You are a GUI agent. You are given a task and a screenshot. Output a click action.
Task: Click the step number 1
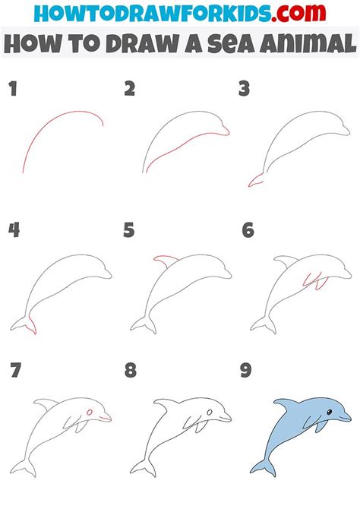(x=13, y=89)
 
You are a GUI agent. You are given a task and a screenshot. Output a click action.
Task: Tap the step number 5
(x=129, y=230)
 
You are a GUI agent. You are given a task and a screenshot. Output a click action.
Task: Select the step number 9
(x=246, y=370)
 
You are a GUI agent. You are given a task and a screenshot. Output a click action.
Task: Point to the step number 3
(x=244, y=89)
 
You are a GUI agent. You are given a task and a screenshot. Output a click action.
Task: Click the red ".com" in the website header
(x=298, y=13)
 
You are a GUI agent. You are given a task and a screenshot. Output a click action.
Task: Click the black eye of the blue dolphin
(x=329, y=413)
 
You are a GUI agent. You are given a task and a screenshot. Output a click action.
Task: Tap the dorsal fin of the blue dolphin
(x=286, y=404)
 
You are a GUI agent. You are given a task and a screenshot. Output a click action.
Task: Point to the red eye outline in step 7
(x=90, y=413)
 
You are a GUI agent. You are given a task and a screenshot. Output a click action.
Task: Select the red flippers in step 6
(x=315, y=281)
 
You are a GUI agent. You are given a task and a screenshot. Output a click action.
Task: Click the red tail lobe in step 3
(x=255, y=181)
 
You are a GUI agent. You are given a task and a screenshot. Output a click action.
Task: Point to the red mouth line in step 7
(x=106, y=419)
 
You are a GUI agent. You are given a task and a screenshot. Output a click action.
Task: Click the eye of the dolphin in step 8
(x=210, y=413)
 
